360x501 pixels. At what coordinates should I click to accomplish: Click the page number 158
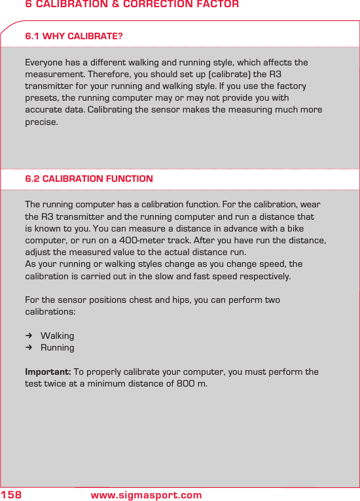click(x=11, y=495)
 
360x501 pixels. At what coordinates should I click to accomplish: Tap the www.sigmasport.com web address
click(x=146, y=495)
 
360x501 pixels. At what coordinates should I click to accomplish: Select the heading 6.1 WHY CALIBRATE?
click(x=74, y=36)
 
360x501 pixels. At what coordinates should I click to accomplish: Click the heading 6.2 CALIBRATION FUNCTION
click(x=89, y=179)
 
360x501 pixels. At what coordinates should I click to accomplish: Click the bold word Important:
click(x=48, y=371)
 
